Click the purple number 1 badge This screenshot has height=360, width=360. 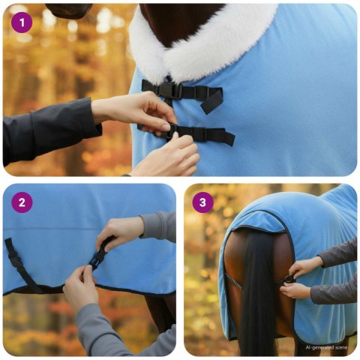click(x=22, y=22)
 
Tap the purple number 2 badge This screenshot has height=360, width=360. click(x=22, y=202)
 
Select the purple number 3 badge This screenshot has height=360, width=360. click(x=202, y=202)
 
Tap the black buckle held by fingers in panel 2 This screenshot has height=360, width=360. click(x=97, y=257)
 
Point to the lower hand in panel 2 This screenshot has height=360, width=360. click(x=80, y=289)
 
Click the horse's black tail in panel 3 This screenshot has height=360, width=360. click(x=259, y=300)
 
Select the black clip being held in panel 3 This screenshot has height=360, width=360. click(x=288, y=280)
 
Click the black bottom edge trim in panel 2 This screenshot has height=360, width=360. click(x=112, y=289)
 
